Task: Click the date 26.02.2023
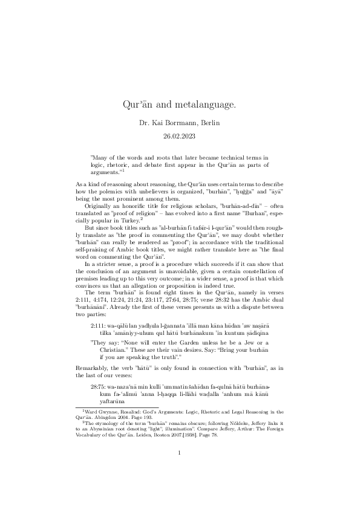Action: (180, 137)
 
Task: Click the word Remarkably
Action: (93, 368)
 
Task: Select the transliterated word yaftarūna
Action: (105, 400)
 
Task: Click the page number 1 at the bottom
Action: (180, 468)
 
